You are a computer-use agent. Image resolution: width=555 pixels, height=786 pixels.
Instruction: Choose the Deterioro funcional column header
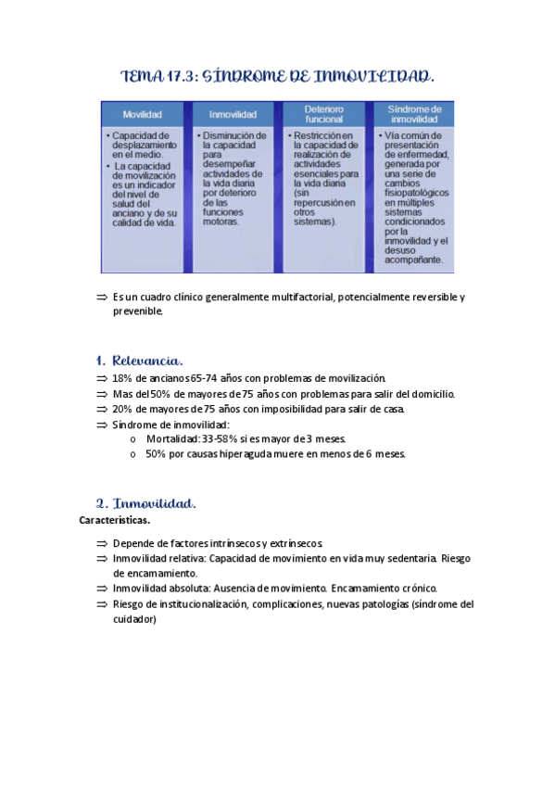pos(323,113)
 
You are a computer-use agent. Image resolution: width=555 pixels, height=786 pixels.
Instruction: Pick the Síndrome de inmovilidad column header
pos(414,113)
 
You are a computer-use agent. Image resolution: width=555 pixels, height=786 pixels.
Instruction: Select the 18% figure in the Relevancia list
pos(123,378)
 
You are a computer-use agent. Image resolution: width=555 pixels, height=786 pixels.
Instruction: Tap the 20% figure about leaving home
pos(123,409)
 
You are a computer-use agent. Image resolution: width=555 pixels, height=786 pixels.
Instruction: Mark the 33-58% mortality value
pos(221,438)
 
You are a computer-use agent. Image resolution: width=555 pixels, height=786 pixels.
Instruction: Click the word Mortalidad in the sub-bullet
pos(173,438)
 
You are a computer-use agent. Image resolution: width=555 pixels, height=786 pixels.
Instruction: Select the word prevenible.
pos(137,311)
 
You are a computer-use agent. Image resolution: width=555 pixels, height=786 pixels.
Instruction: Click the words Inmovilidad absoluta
pos(154,589)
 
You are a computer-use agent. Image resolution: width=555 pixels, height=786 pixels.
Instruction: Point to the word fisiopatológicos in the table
pos(414,194)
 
